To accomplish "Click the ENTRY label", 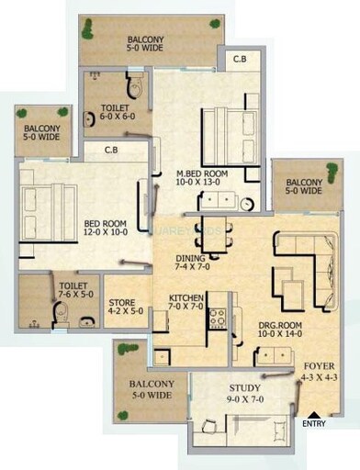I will [314, 424].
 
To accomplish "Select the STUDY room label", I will [244, 388].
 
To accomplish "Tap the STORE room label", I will [123, 302].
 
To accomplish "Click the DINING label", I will [190, 259].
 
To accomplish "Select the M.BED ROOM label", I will [203, 171].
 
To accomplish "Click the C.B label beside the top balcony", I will [240, 60].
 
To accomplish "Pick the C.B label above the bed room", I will [110, 151].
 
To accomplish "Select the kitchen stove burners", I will [217, 319].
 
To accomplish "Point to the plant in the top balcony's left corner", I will [89, 28].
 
